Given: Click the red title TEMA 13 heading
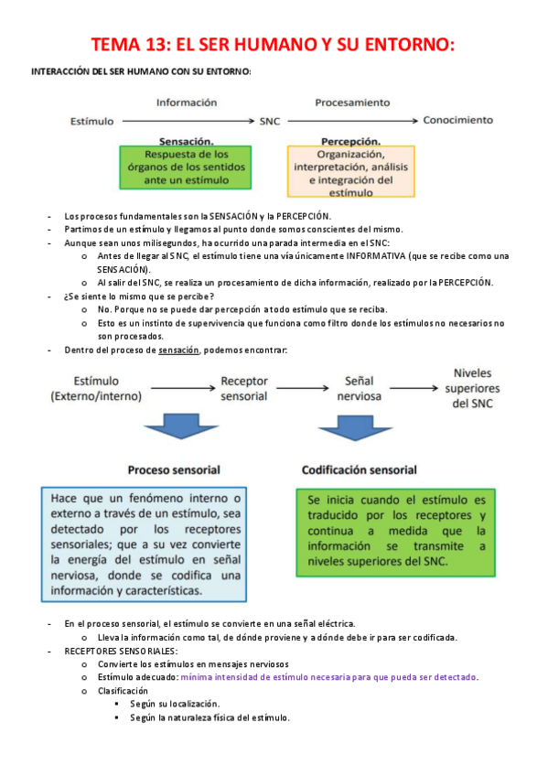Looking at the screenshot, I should [274, 45].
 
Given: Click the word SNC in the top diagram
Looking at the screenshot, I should [270, 120].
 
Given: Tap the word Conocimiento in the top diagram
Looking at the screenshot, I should [458, 120].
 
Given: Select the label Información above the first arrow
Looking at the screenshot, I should [187, 102].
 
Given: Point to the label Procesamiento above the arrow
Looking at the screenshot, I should [352, 102].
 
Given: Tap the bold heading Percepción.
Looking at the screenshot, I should [352, 142].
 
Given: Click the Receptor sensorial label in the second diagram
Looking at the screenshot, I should [244, 388].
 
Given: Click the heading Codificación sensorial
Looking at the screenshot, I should [360, 469].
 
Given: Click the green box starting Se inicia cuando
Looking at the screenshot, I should [397, 531].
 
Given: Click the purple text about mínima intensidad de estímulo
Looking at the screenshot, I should [329, 677].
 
